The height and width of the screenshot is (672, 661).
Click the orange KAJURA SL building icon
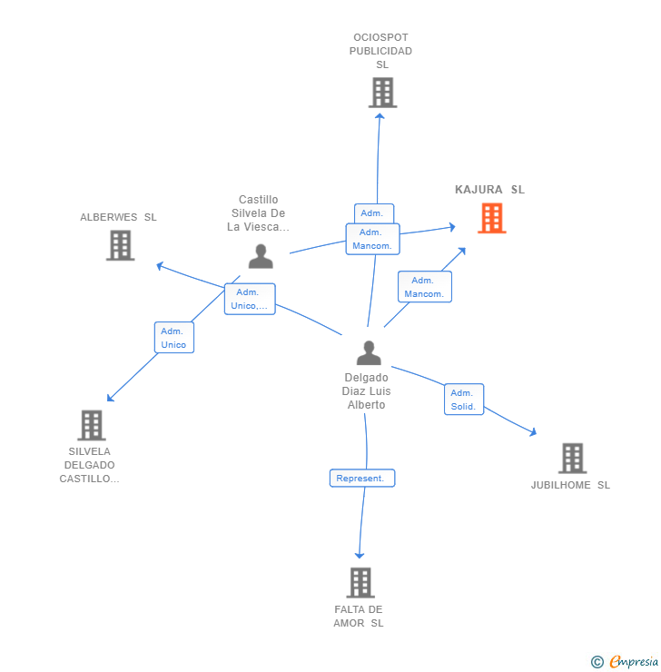click(x=491, y=218)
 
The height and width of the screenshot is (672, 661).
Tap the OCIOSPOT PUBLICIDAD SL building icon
click(x=382, y=93)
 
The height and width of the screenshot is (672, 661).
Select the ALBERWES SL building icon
click(x=120, y=245)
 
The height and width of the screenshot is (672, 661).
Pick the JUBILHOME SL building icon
click(x=572, y=458)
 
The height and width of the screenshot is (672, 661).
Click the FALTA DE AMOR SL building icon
click(x=360, y=582)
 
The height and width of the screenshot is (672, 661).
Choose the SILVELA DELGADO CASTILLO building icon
click(x=91, y=425)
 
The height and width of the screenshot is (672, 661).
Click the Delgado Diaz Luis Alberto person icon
click(x=369, y=352)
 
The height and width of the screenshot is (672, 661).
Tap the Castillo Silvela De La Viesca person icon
click(x=261, y=257)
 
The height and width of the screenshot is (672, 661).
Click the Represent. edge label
click(x=361, y=478)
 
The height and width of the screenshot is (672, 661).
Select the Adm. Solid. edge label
click(x=463, y=400)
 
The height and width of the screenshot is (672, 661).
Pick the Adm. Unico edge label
click(x=173, y=338)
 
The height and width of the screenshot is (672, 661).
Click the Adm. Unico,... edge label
click(x=250, y=299)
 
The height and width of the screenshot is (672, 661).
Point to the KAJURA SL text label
click(x=489, y=190)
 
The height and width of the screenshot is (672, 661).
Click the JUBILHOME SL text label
click(x=570, y=485)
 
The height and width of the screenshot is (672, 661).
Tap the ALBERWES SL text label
click(x=118, y=217)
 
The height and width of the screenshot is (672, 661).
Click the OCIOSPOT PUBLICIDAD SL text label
click(x=381, y=51)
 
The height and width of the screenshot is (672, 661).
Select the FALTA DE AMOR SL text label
click(x=359, y=616)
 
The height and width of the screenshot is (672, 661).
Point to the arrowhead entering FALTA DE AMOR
click(x=360, y=554)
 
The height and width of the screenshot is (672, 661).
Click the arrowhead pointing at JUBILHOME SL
click(x=533, y=432)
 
